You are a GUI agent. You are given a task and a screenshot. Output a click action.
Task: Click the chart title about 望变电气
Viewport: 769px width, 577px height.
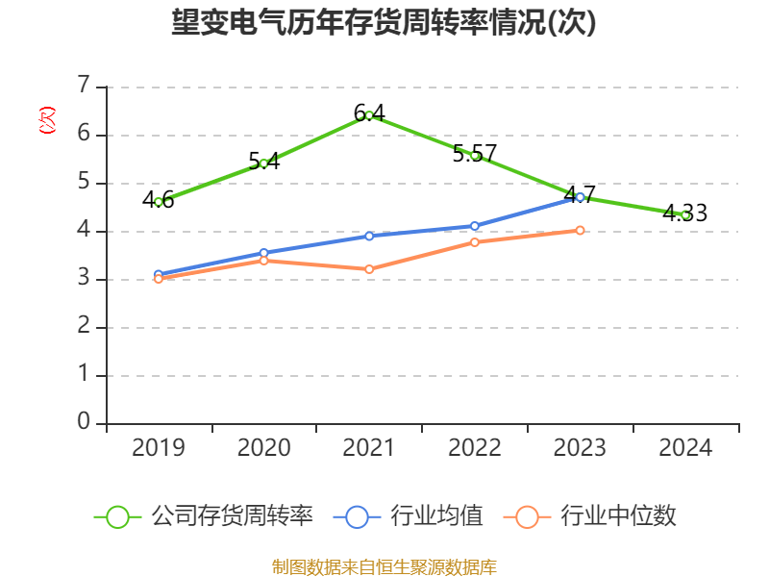(384, 23)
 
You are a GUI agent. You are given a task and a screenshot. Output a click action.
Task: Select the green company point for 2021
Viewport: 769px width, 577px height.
(369, 115)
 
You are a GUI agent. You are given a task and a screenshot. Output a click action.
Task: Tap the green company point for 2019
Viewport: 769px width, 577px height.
(159, 202)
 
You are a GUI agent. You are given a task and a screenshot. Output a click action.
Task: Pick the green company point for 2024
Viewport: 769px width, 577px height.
(685, 214)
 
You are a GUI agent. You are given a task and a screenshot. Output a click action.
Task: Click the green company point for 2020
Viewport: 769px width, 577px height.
(264, 163)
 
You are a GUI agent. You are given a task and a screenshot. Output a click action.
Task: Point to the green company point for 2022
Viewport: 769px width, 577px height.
(475, 155)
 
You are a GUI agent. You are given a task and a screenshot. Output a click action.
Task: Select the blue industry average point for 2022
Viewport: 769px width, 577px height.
(475, 226)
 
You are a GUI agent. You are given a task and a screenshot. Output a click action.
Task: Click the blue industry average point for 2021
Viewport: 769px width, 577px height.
(369, 236)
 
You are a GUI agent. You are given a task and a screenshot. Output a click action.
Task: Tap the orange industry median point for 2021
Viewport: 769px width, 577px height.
(369, 269)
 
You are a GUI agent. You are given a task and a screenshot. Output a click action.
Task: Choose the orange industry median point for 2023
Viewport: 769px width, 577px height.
(580, 230)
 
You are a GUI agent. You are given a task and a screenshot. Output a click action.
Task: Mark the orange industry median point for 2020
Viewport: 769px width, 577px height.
(264, 260)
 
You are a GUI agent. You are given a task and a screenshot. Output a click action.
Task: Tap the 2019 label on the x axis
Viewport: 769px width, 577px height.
(159, 447)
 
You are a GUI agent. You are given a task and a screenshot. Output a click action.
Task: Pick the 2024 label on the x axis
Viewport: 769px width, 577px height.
(685, 447)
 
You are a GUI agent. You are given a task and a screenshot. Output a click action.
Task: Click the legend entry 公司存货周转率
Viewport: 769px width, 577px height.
(232, 516)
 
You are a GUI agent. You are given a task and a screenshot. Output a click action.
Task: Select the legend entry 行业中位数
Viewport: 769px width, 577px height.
(618, 516)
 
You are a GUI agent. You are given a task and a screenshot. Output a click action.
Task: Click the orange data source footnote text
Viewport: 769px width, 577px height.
(384, 566)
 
